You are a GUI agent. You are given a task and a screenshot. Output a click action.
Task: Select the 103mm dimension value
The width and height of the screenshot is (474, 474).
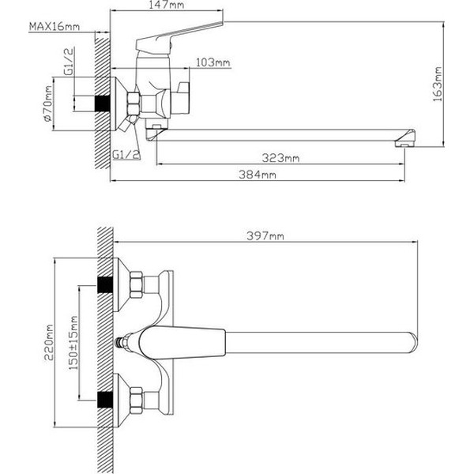click(x=213, y=62)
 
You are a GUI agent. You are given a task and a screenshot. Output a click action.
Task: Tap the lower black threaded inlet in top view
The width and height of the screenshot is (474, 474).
click(x=103, y=398)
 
